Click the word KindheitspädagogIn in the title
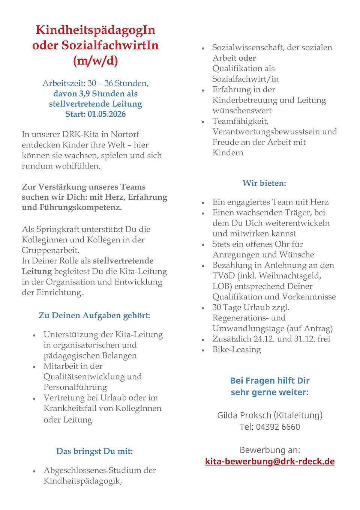[95, 30]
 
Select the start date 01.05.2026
[107, 114]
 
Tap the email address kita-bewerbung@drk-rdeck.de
[270, 461]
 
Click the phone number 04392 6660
[278, 427]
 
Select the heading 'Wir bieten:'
[264, 183]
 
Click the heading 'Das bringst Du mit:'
[94, 451]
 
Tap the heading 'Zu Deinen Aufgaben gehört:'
[94, 316]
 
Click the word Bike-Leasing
[237, 349]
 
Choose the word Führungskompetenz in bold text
[80, 208]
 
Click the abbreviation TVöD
[223, 276]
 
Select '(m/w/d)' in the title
[95, 60]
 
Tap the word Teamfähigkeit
[240, 121]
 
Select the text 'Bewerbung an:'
[270, 450]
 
